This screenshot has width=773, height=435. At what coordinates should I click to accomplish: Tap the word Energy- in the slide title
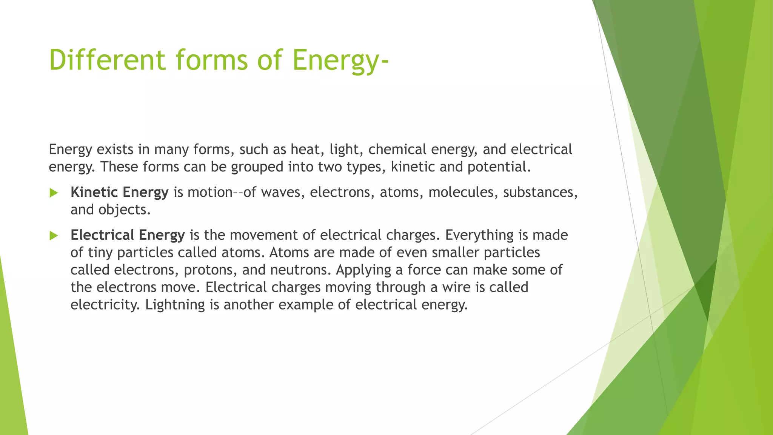[340, 60]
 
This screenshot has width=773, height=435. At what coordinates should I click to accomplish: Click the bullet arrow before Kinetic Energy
[54, 193]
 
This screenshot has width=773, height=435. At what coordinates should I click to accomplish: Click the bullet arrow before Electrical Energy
[54, 236]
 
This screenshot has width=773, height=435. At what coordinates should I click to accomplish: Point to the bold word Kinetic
[94, 192]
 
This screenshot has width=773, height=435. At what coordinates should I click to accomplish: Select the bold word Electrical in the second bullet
[102, 235]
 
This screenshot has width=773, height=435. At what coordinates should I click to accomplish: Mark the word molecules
[461, 192]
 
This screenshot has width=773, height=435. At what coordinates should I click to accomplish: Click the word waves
[282, 192]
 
